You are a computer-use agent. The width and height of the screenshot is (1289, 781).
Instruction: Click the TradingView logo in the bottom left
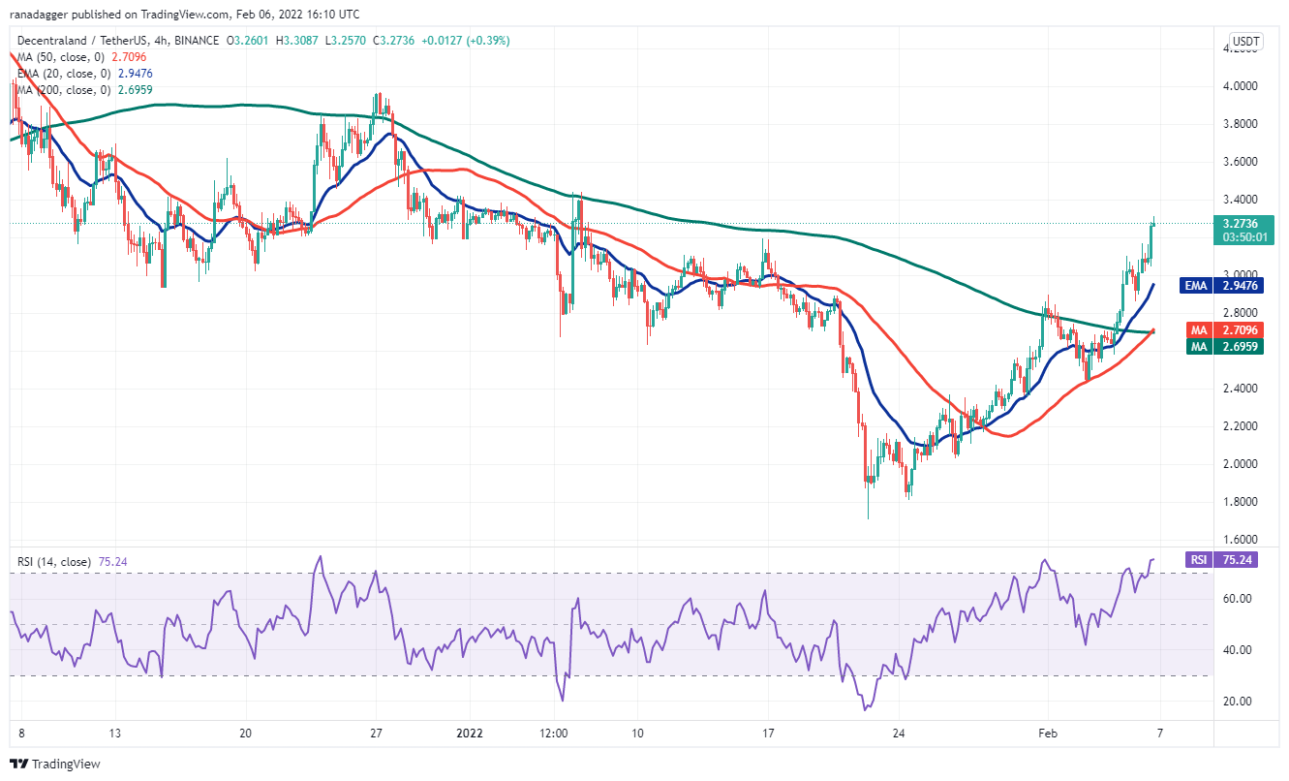55,764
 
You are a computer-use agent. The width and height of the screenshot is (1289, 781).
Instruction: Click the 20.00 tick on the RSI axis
1235,702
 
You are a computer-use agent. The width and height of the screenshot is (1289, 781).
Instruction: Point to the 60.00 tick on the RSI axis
1235,599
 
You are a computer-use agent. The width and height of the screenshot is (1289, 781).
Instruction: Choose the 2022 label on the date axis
470,734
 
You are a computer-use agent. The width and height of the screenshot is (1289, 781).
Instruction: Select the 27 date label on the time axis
376,734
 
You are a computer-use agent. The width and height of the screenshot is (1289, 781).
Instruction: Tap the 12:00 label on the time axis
554,734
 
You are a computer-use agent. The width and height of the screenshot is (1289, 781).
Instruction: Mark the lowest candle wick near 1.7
868,516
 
